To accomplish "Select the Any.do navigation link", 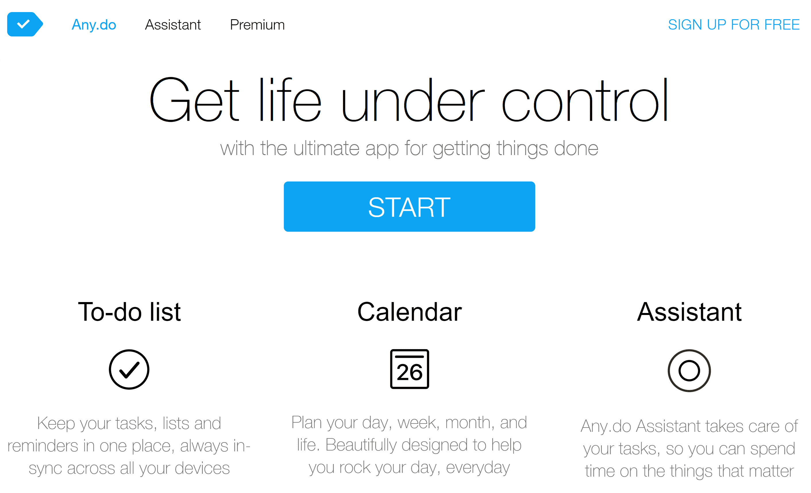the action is pyautogui.click(x=94, y=25).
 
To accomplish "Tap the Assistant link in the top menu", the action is pyautogui.click(x=173, y=25).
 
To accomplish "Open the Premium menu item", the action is pyautogui.click(x=257, y=25).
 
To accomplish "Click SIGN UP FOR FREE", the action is pyautogui.click(x=734, y=25).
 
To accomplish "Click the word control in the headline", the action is pyautogui.click(x=585, y=100).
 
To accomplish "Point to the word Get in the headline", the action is pyautogui.click(x=194, y=100).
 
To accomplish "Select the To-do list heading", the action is pyautogui.click(x=129, y=312).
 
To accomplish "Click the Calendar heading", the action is pyautogui.click(x=410, y=312).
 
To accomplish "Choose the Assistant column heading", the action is pyautogui.click(x=689, y=312).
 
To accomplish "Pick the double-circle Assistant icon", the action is pyautogui.click(x=669, y=371).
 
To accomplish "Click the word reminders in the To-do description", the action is pyautogui.click(x=43, y=446).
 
